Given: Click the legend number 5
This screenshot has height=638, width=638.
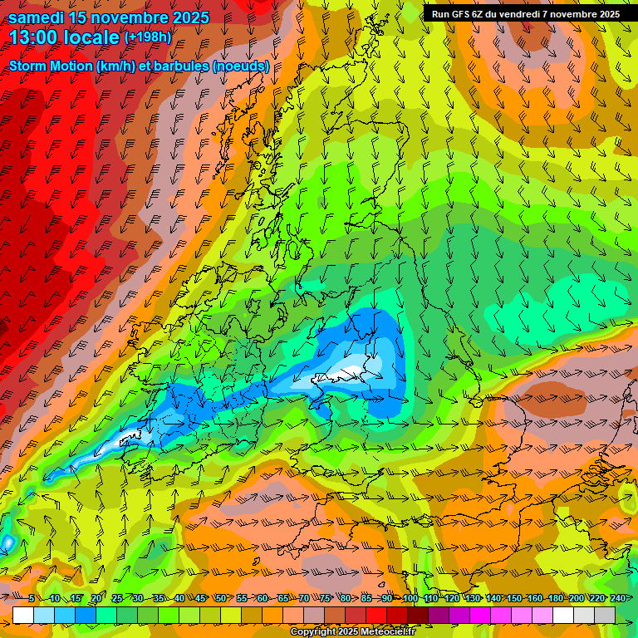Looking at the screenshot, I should coord(32,598).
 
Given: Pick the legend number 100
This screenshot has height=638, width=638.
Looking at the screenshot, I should coord(410,598).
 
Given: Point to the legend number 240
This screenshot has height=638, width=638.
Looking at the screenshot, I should coord(617,598).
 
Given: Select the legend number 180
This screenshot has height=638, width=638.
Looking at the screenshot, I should coord(555,598).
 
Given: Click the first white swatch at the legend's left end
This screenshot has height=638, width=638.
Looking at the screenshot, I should coord(23,615).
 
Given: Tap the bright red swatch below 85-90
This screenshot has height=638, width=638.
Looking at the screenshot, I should coord(376,615).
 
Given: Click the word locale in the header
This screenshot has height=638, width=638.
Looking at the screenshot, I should coord(91,37).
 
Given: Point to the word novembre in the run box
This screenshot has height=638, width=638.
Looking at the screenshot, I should coord(577,13).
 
